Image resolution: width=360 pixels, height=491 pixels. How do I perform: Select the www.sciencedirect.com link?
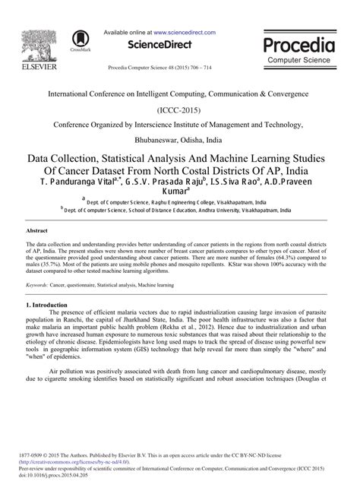[184, 33]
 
